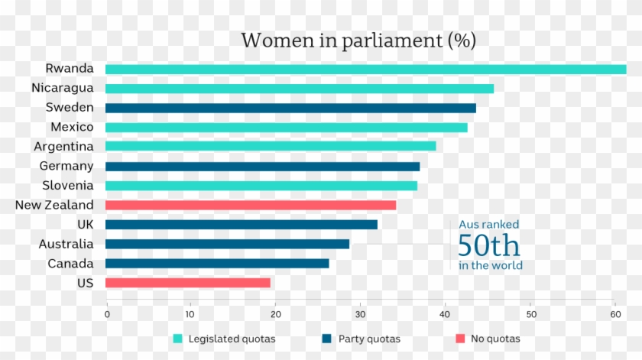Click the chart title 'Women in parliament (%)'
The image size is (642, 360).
pyautogui.click(x=358, y=40)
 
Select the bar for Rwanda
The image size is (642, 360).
pyautogui.click(x=365, y=69)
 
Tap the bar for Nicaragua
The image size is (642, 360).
pyautogui.click(x=299, y=89)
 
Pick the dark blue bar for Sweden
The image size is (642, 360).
pyautogui.click(x=290, y=108)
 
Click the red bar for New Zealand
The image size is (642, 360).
pyautogui.click(x=251, y=205)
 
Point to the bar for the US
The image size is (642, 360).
pyautogui.click(x=187, y=283)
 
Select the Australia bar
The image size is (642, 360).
pyautogui.click(x=227, y=244)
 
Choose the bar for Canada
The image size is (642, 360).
pyautogui.click(x=217, y=264)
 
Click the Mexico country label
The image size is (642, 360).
pyautogui.click(x=72, y=127)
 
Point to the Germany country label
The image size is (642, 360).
pyautogui.click(x=66, y=166)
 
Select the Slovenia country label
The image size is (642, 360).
pyautogui.click(x=68, y=185)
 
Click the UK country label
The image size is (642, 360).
pyautogui.click(x=85, y=224)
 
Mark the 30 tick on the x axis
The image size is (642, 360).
pyautogui.click(x=360, y=313)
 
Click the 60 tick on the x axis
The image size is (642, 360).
pyautogui.click(x=614, y=313)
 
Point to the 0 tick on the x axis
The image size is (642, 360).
pyautogui.click(x=106, y=313)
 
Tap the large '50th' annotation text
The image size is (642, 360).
pyautogui.click(x=489, y=246)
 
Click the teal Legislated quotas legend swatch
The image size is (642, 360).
pyautogui.click(x=178, y=339)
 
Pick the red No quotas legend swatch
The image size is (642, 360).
pyautogui.click(x=460, y=339)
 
